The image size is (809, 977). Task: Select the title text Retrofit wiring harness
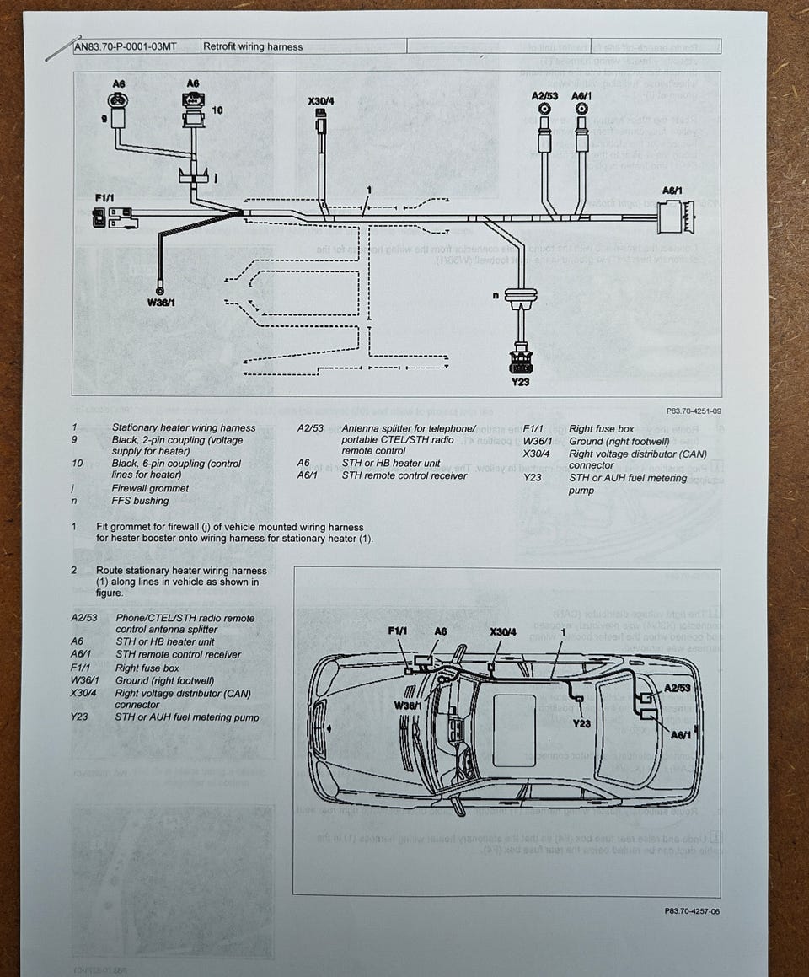point(253,46)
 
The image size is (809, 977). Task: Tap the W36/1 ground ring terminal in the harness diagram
point(158,285)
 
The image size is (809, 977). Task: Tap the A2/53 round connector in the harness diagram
point(545,110)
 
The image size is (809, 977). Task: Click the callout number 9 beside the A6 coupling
point(105,119)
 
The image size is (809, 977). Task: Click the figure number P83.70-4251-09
point(693,411)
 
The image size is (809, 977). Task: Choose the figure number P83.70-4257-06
point(692,910)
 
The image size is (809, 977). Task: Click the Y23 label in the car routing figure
point(581,722)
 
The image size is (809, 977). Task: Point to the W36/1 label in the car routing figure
point(409,704)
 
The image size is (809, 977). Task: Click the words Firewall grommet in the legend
point(150,488)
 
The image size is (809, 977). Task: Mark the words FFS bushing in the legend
point(140,501)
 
